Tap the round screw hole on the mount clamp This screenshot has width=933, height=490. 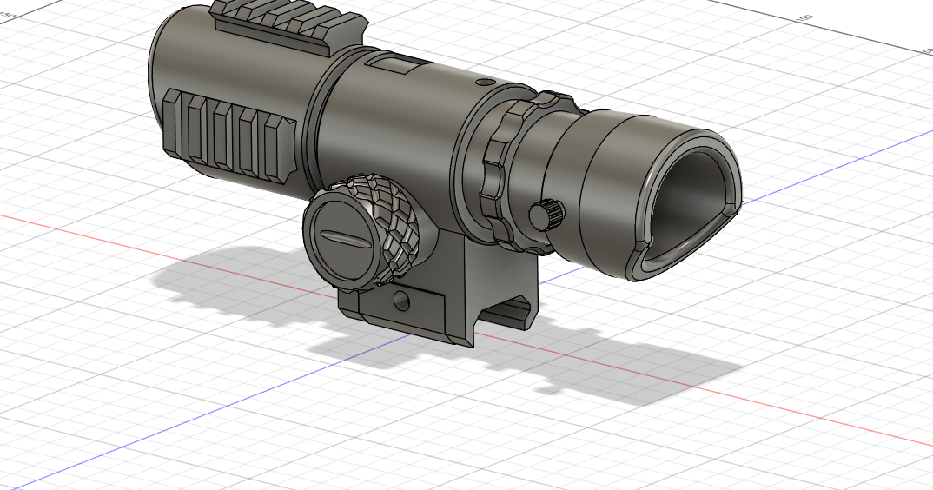tap(400, 301)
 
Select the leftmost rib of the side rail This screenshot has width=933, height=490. tap(173, 122)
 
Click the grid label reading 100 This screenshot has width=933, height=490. tap(804, 17)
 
